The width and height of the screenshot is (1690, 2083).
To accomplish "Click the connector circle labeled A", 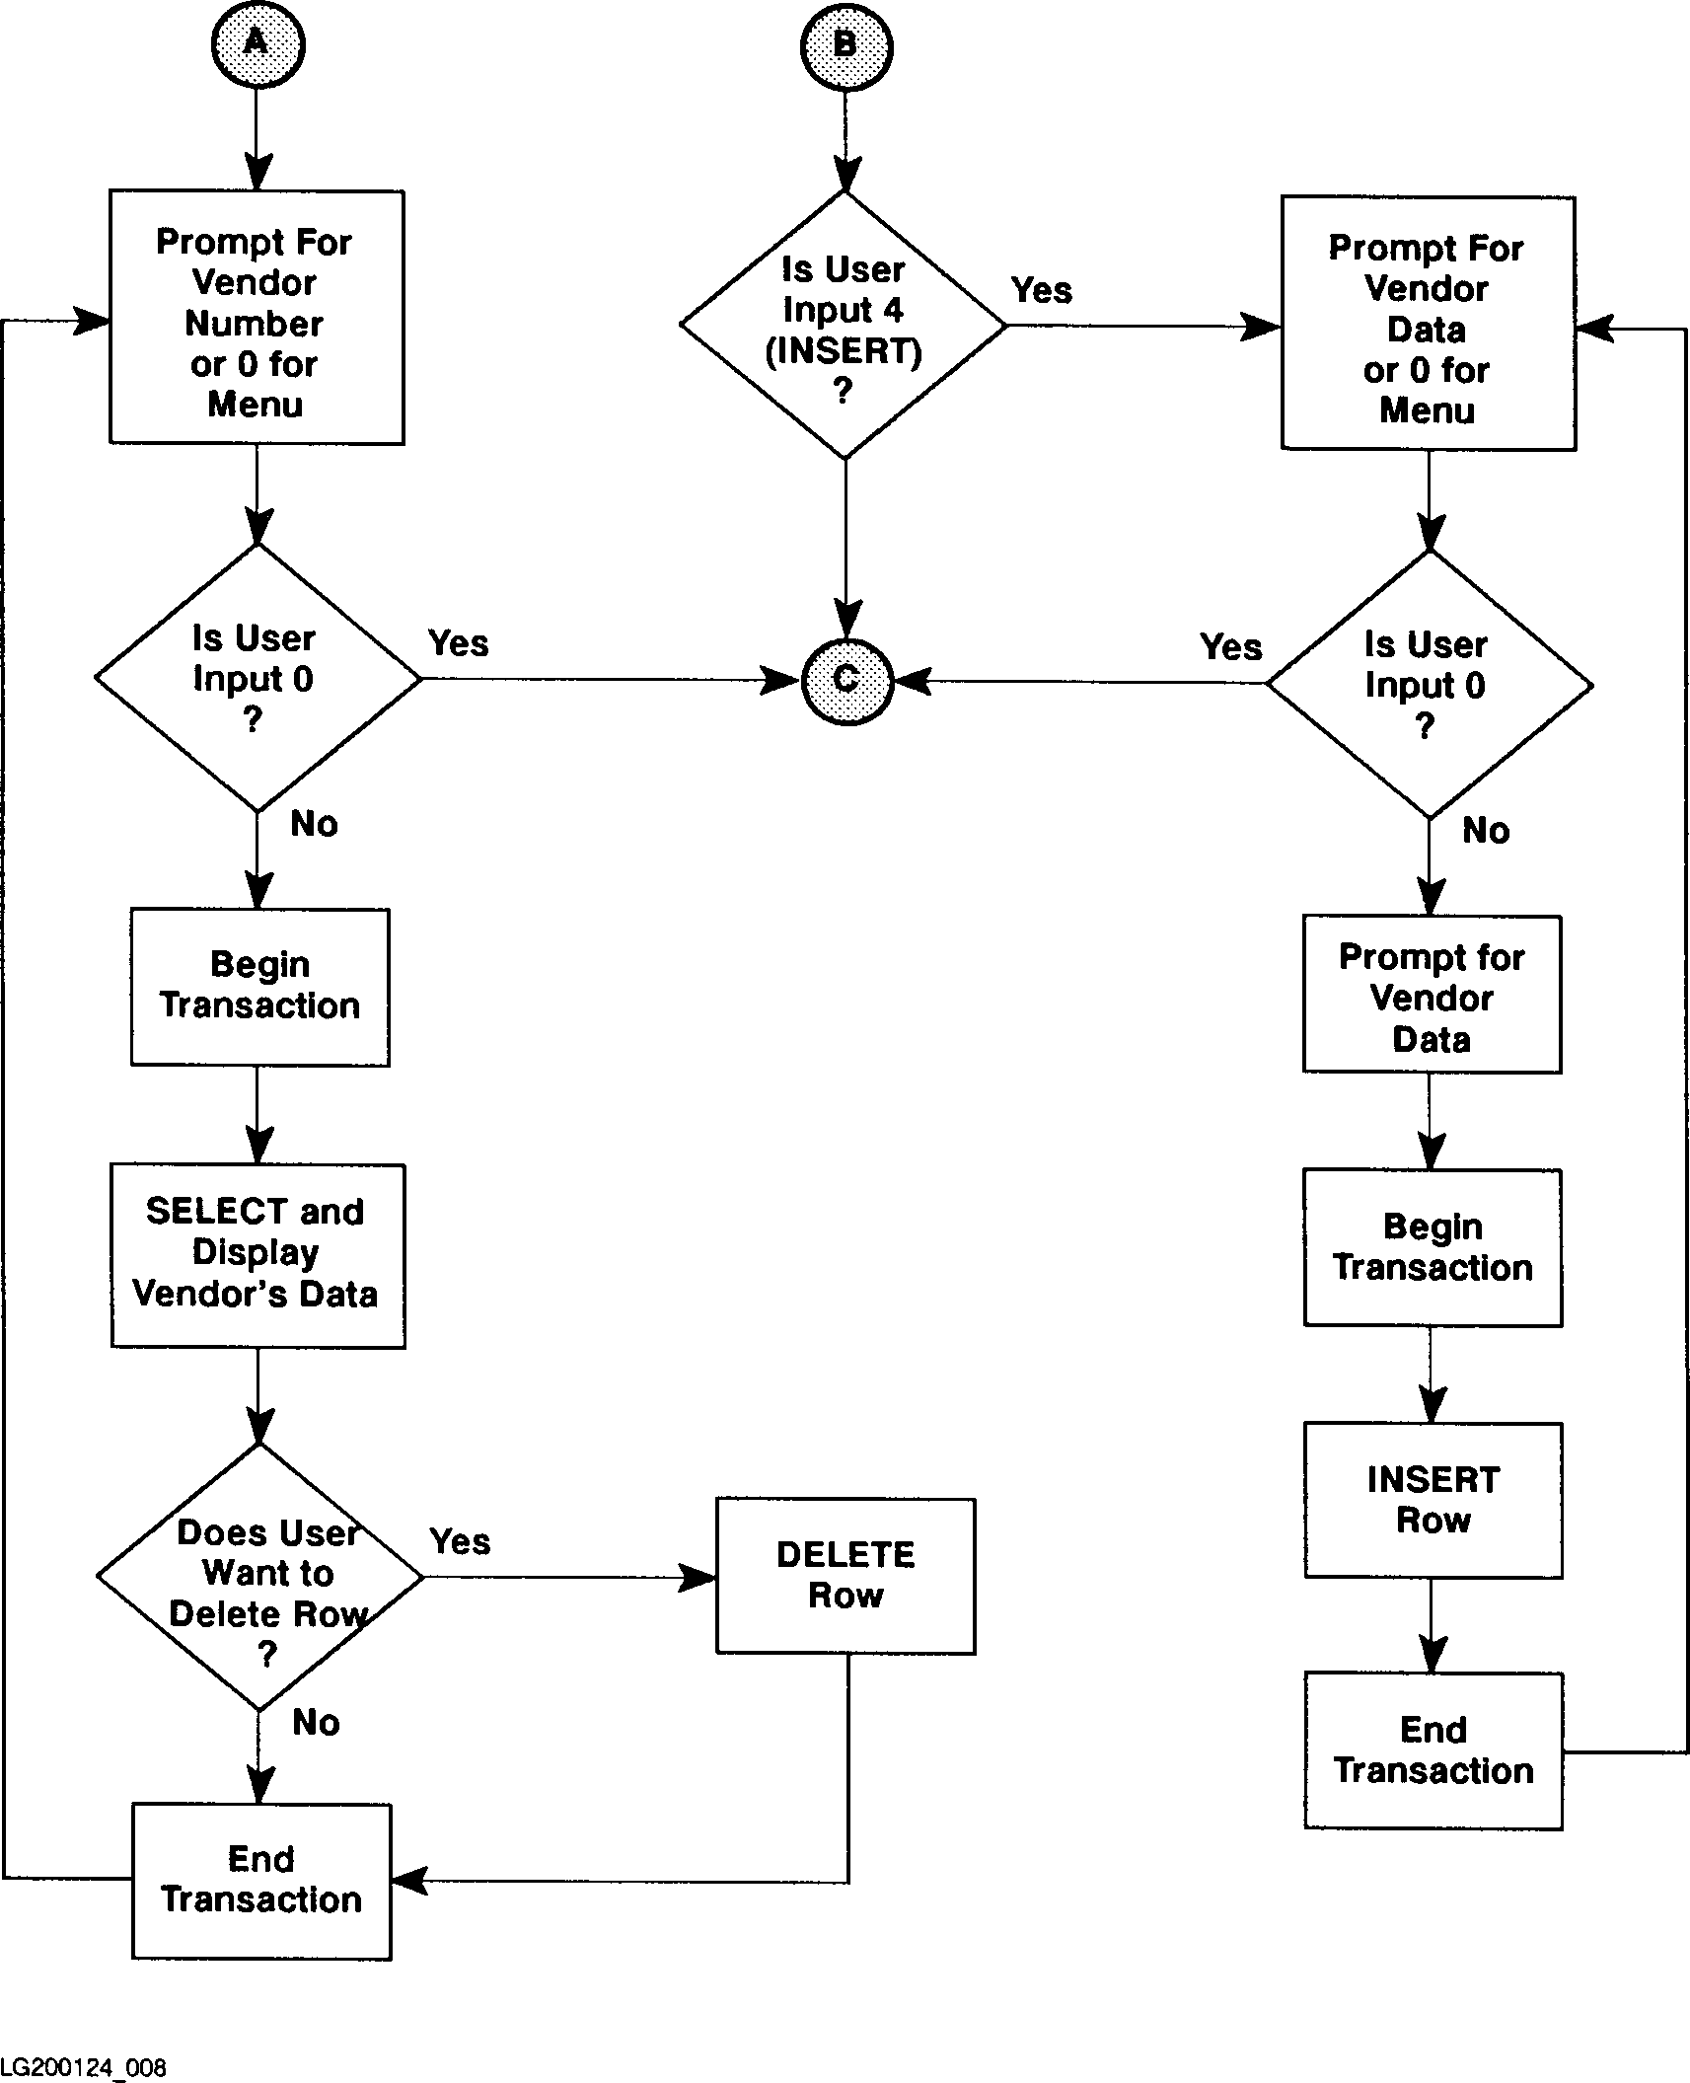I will pyautogui.click(x=257, y=45).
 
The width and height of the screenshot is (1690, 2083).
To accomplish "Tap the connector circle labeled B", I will pyautogui.click(x=845, y=45).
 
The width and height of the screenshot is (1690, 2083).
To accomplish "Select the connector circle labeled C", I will pyautogui.click(x=847, y=681).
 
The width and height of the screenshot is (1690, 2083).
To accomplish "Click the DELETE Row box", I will pyautogui.click(x=845, y=1576).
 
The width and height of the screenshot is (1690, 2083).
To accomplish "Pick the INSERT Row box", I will pyautogui.click(x=1433, y=1500).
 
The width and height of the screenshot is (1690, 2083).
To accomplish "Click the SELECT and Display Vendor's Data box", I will pyautogui.click(x=257, y=1255).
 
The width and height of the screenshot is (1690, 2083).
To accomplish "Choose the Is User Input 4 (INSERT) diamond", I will pyautogui.click(x=844, y=326).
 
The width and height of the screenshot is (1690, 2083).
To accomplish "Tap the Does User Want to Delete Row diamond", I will pyautogui.click(x=259, y=1577).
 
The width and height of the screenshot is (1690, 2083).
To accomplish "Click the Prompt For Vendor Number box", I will pyautogui.click(x=256, y=318).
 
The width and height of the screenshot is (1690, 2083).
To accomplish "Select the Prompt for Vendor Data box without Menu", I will pyautogui.click(x=1432, y=995).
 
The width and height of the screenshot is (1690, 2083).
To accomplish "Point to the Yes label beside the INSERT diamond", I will pyautogui.click(x=1042, y=291).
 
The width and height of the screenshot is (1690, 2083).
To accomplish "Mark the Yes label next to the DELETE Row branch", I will pyautogui.click(x=460, y=1541).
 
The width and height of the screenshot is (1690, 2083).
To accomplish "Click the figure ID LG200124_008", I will pyautogui.click(x=84, y=2067).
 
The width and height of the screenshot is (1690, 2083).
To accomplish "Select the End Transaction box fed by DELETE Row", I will pyautogui.click(x=261, y=1881).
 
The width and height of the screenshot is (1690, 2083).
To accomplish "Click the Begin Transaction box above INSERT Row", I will pyautogui.click(x=1433, y=1247).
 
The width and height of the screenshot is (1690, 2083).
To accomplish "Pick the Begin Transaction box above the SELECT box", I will pyautogui.click(x=259, y=987).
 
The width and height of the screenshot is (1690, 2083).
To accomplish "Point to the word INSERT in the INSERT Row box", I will pyautogui.click(x=1433, y=1480).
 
